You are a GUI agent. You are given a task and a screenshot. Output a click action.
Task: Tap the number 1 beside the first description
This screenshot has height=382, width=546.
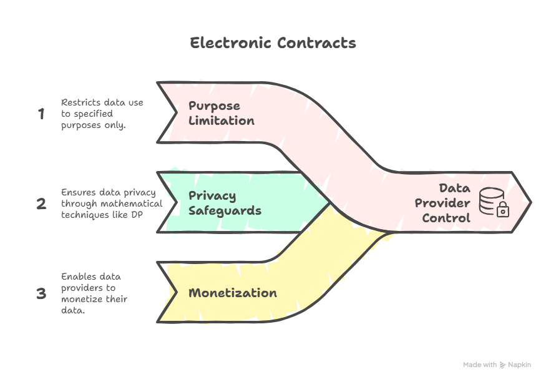tap(42, 114)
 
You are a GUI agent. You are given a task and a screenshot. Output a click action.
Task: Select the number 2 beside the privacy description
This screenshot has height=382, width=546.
tap(42, 203)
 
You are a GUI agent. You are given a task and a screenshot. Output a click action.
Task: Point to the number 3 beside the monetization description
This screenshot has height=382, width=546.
tap(42, 293)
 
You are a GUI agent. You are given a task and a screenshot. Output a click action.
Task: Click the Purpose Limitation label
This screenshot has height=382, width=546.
tap(222, 113)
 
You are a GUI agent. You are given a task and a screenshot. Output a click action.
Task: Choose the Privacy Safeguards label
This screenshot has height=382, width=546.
tap(225, 203)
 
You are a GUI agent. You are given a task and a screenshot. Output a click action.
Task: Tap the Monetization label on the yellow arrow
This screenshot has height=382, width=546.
tap(233, 293)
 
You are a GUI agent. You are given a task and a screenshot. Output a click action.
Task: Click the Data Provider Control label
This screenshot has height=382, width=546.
tap(446, 203)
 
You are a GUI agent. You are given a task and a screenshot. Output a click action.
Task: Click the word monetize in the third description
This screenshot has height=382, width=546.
tap(80, 299)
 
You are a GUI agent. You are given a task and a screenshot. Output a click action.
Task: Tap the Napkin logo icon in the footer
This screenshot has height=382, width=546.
tap(503, 365)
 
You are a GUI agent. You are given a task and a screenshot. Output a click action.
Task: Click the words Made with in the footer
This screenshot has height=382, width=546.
tap(480, 365)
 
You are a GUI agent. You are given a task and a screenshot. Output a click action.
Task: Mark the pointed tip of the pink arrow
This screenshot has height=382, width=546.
tap(530, 202)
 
